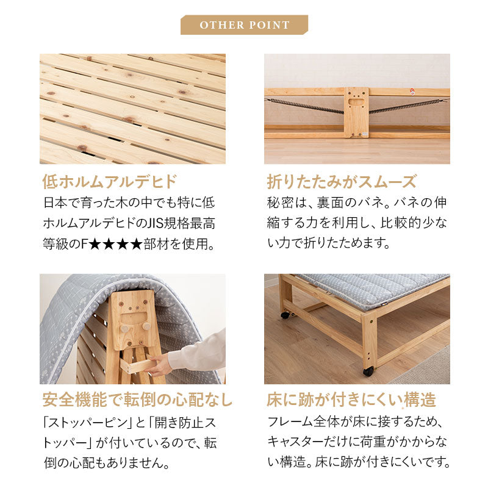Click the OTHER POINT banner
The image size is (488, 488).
click(x=245, y=24)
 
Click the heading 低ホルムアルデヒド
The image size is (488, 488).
click(x=110, y=181)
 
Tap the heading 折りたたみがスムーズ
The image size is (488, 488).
click(x=342, y=181)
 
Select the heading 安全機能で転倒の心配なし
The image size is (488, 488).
click(x=137, y=400)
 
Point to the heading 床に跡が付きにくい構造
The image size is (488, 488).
click(x=351, y=400)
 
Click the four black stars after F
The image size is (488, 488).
click(x=116, y=245)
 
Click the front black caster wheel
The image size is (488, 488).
click(x=368, y=371)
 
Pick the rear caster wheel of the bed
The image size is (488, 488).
click(x=285, y=315)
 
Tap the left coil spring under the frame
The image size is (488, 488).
click(x=304, y=106)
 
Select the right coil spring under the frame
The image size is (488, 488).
click(x=408, y=106)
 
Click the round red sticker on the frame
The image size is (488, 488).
click(x=412, y=91)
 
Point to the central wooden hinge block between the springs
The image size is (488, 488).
click(x=356, y=112)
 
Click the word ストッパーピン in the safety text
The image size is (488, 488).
click(x=85, y=423)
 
